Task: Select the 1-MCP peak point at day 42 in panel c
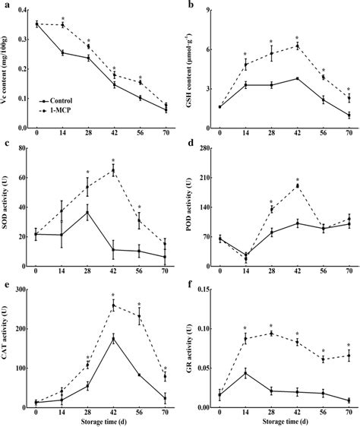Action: pos(113,170)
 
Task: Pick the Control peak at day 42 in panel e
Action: pos(113,338)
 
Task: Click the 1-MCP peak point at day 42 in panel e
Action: pos(113,305)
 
